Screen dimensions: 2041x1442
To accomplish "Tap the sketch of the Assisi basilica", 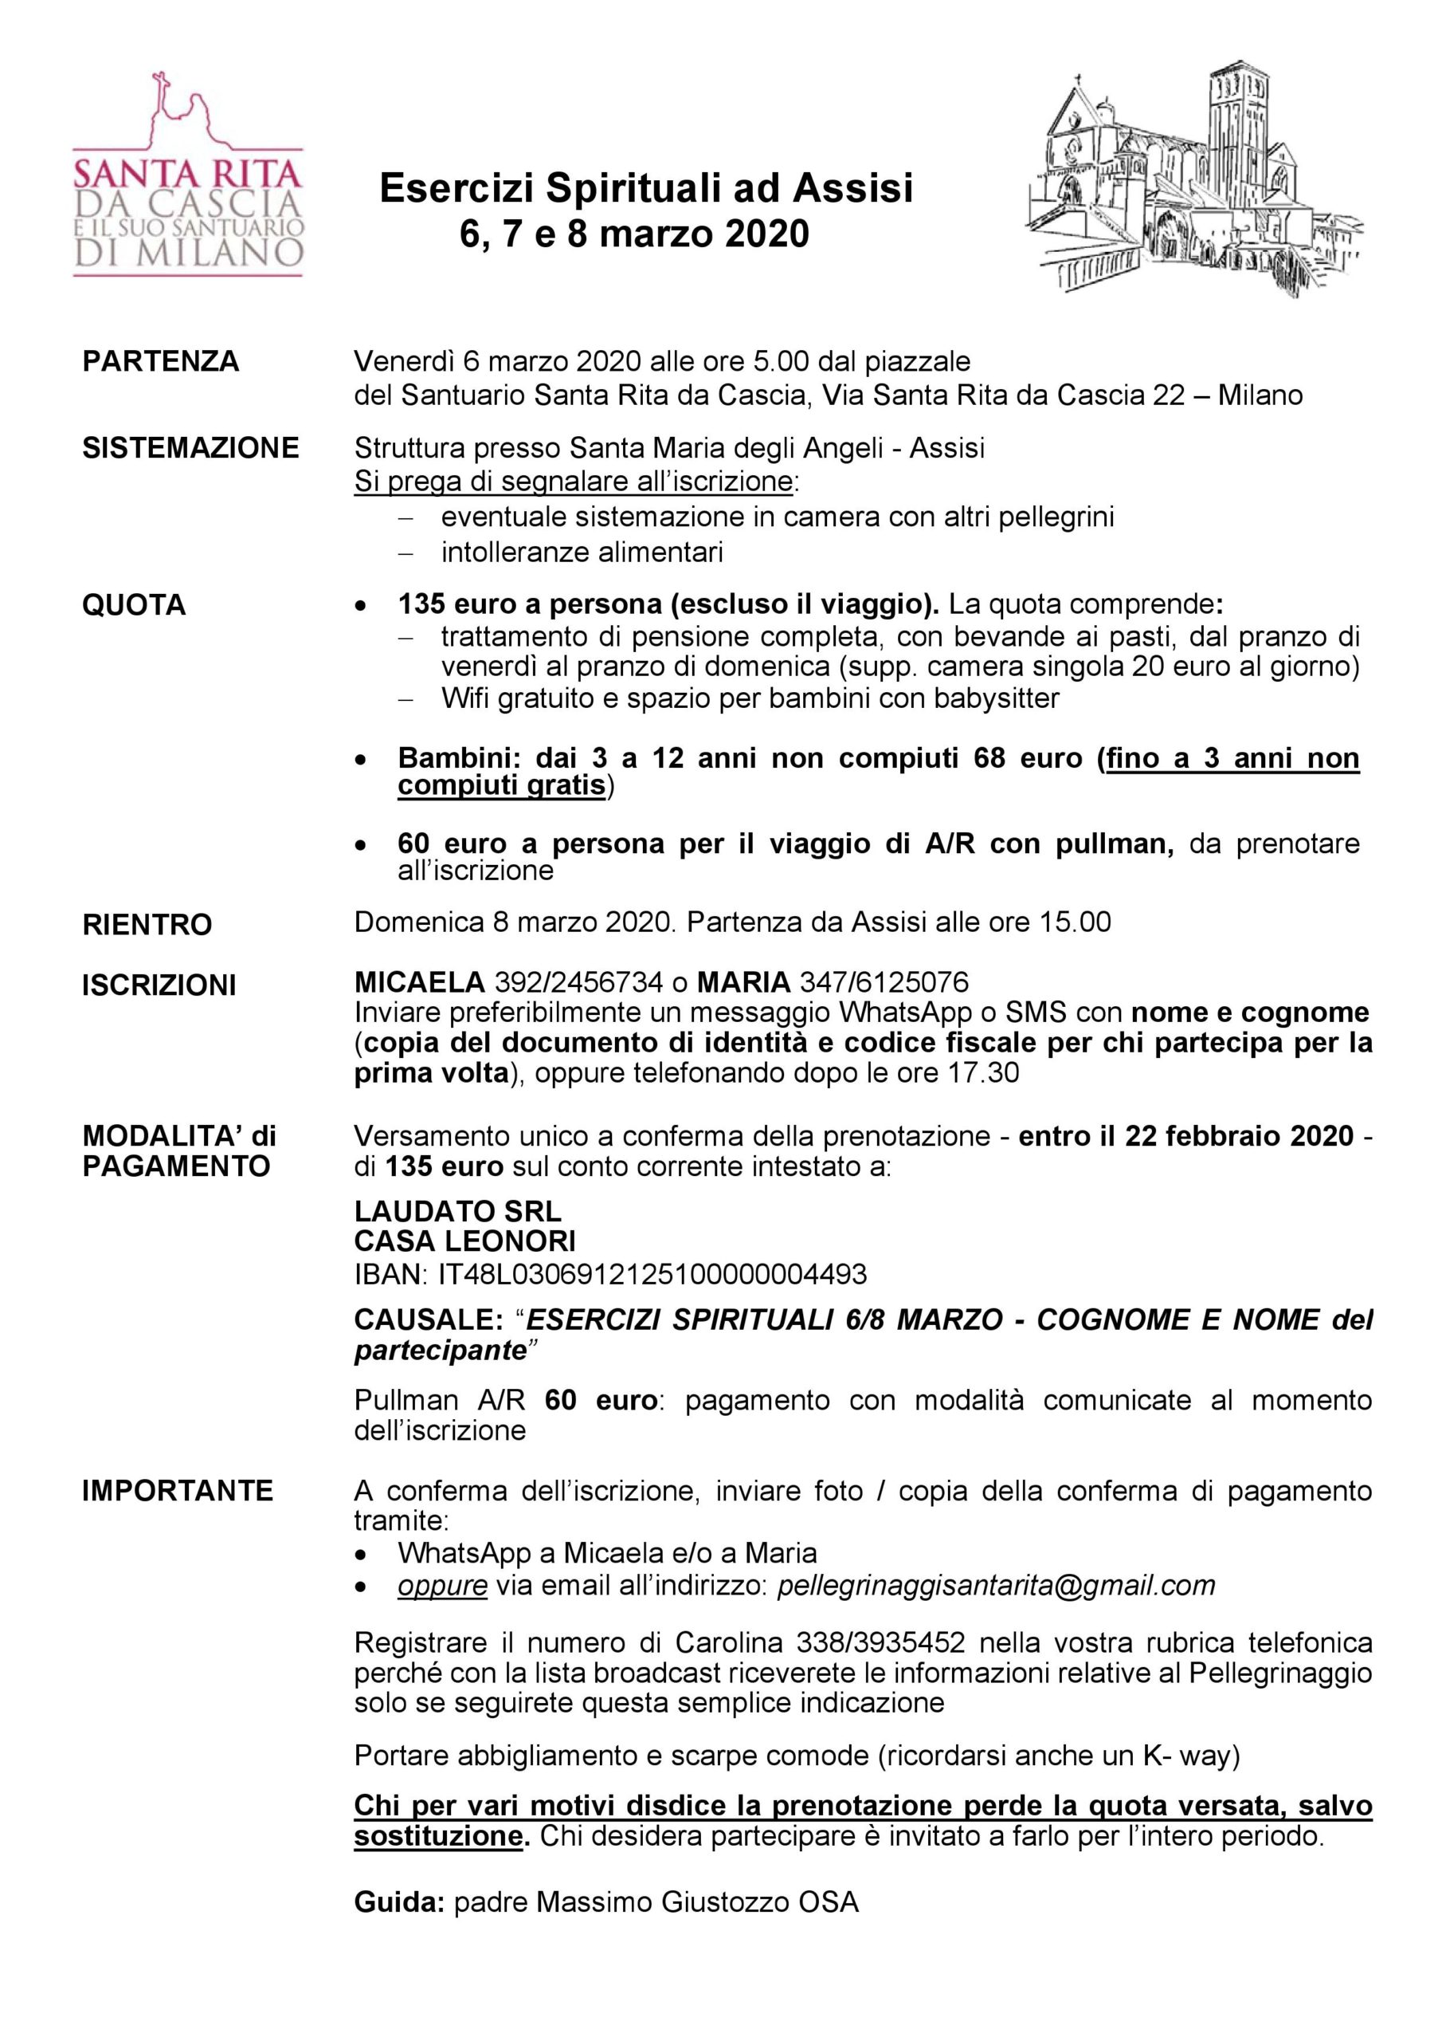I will tap(1195, 179).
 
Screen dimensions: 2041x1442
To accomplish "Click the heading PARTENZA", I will tap(161, 362).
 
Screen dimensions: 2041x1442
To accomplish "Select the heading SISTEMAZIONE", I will tap(191, 448).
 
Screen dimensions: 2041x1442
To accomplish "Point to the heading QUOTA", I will tap(134, 604).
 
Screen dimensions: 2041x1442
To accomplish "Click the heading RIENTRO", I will tap(147, 925).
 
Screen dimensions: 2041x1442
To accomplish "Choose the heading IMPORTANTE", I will tap(178, 1491).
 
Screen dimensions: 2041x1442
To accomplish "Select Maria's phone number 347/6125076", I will tap(884, 982).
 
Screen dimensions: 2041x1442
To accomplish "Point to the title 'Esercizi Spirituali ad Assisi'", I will tap(646, 188).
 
